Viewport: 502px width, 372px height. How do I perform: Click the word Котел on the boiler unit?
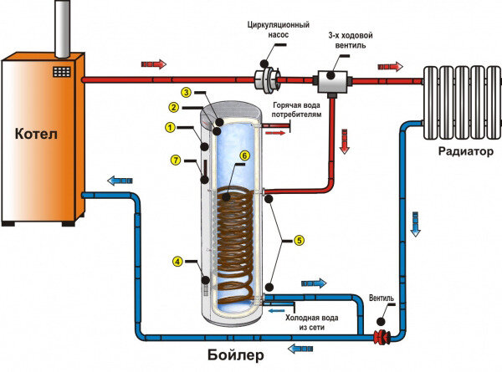(x=36, y=134)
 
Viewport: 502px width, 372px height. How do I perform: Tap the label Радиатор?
(x=466, y=151)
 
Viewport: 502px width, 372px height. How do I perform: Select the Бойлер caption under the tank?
(x=236, y=354)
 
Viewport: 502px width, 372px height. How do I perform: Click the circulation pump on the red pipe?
(x=268, y=79)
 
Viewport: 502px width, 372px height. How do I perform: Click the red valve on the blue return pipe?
(x=382, y=338)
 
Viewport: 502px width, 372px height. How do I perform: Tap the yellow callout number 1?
(x=170, y=128)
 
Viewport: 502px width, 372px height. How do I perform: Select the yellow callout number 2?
(x=173, y=107)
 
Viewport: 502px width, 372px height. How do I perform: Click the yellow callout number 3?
(x=186, y=93)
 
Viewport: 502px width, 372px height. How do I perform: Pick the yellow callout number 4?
(x=177, y=262)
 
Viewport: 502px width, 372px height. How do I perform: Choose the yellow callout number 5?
(x=299, y=240)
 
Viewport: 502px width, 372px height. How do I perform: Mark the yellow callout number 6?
(x=244, y=155)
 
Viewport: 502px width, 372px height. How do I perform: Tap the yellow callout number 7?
(x=176, y=160)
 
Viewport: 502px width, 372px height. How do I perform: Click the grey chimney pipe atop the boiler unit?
(x=63, y=28)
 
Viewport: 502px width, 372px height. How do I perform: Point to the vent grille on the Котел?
(x=62, y=72)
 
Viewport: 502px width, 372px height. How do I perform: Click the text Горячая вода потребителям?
(x=296, y=110)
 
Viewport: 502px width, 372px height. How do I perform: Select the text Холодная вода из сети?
(x=312, y=323)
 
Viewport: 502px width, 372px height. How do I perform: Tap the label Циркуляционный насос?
(x=279, y=29)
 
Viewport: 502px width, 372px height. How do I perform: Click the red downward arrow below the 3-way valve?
(x=345, y=141)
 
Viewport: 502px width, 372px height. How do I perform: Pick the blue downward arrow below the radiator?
(x=415, y=224)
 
